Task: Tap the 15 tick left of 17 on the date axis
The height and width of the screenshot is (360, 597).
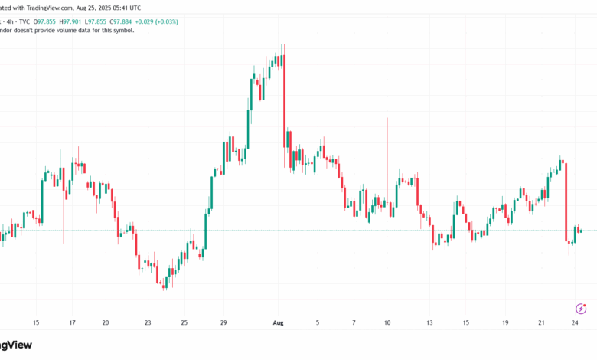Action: coord(36,322)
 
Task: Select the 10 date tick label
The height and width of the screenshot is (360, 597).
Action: coord(388,322)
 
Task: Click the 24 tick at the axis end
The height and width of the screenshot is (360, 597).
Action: coord(576,322)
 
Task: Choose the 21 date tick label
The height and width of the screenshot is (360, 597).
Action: coord(542,322)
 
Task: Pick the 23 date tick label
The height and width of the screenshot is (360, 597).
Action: coord(148,322)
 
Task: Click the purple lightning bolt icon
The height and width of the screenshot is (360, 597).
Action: coord(580,308)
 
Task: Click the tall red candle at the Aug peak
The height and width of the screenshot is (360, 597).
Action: coord(284,100)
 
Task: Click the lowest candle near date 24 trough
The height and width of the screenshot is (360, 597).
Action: coord(165,282)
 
